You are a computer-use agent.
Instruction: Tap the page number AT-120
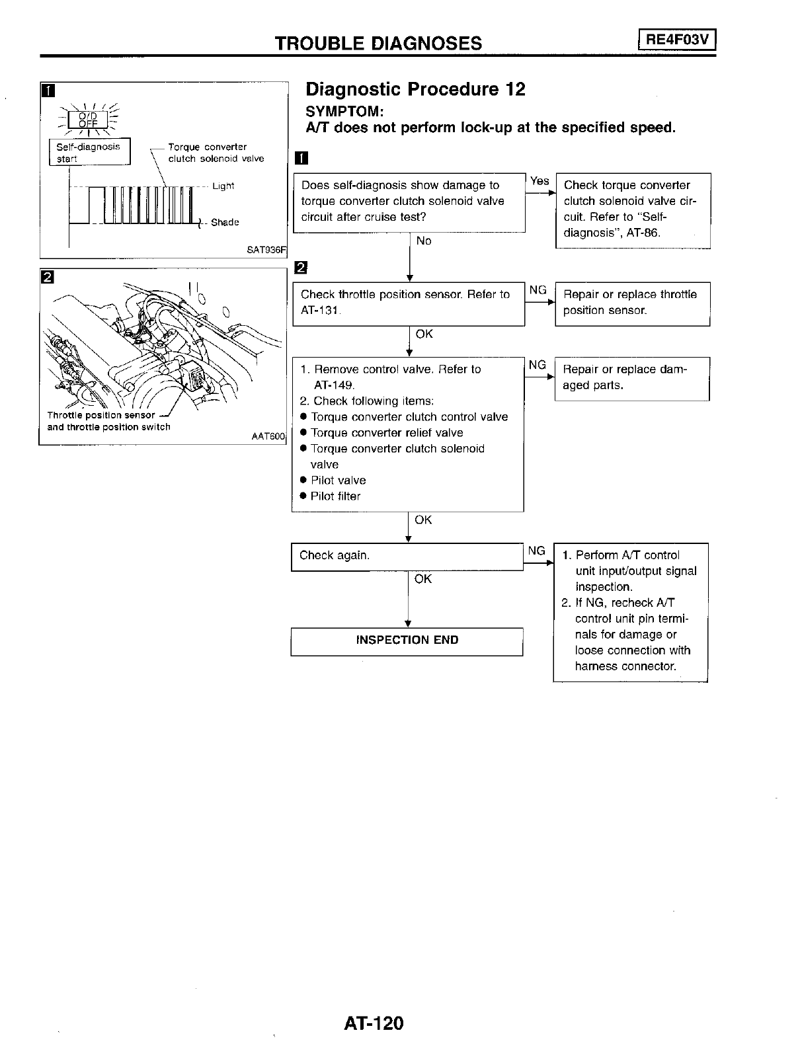(373, 1023)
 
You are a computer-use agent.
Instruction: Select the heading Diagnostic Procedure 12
(415, 89)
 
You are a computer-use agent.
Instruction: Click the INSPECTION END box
(407, 640)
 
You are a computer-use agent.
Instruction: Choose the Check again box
(407, 556)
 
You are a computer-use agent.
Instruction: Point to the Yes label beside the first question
(540, 181)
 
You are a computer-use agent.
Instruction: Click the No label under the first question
(423, 241)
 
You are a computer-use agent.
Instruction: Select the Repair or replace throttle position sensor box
(632, 303)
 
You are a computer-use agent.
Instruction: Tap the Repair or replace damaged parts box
(631, 377)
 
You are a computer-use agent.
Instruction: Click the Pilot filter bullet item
(335, 496)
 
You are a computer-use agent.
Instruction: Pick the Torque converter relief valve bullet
(386, 433)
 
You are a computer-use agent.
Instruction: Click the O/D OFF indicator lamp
(87, 120)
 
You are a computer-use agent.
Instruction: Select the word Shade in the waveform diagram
(224, 223)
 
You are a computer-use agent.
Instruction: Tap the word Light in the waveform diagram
(223, 186)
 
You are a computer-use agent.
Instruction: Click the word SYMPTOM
(344, 110)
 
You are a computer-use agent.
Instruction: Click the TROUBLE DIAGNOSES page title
(378, 44)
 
